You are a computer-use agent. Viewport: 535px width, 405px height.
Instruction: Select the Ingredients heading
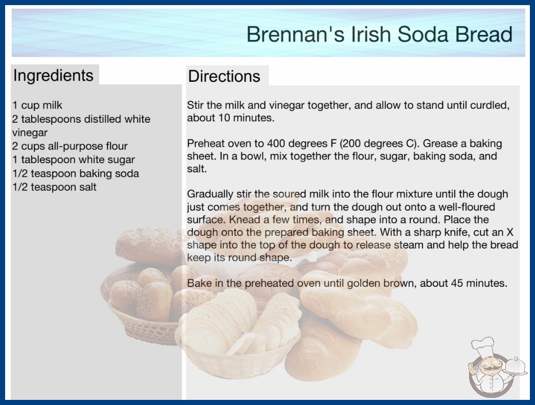[x=53, y=76]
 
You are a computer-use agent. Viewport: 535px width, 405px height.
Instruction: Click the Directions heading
[x=224, y=76]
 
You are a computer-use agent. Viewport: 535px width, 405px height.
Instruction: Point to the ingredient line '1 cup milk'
[x=37, y=105]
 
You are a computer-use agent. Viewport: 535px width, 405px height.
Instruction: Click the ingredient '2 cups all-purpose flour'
[x=70, y=146]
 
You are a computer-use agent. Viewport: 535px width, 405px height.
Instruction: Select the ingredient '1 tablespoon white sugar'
[x=73, y=160]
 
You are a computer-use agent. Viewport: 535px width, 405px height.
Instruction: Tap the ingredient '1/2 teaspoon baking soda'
[x=75, y=173]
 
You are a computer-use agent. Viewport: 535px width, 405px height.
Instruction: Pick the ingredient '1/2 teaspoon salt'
[x=54, y=187]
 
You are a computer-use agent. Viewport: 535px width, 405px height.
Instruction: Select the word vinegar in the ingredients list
[x=30, y=133]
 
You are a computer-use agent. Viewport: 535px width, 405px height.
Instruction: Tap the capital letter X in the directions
[x=510, y=232]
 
